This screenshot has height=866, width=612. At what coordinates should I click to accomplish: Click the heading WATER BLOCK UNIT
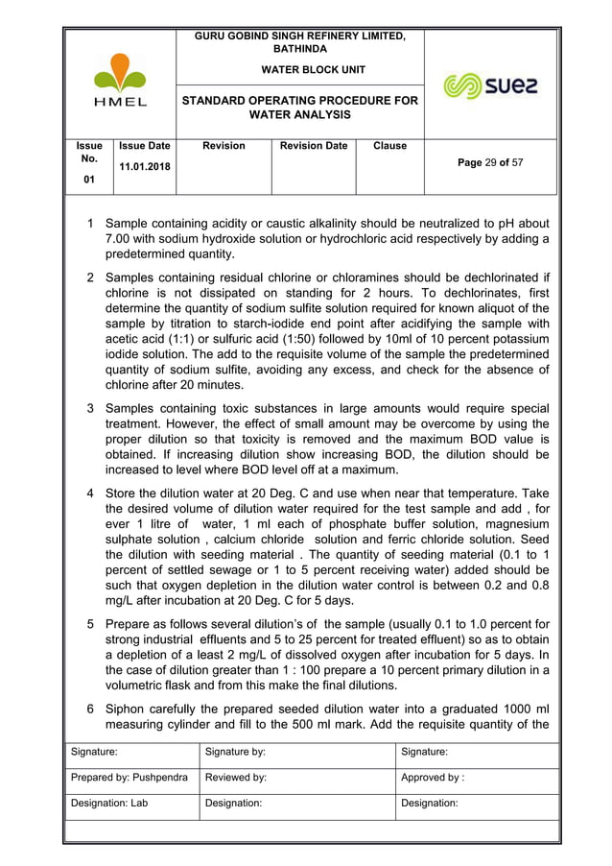coord(300,70)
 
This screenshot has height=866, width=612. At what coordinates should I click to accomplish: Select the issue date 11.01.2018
coord(144,167)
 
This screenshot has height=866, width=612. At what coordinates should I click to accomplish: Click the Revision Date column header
coord(314,146)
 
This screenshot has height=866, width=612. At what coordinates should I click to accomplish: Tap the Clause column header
coord(389,146)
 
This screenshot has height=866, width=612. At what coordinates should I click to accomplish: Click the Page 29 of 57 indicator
coord(490,163)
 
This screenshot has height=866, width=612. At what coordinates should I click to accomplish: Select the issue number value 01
coord(88,180)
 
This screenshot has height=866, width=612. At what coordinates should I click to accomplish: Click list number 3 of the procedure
coord(91,408)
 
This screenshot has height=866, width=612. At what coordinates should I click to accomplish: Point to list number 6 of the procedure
coord(91,708)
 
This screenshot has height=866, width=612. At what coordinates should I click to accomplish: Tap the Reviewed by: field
coord(237,781)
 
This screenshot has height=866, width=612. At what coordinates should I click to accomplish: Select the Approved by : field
coord(433,781)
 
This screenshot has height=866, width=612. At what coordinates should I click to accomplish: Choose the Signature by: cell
coord(236,755)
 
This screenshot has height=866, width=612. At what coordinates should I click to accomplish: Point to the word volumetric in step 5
coord(141,686)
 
